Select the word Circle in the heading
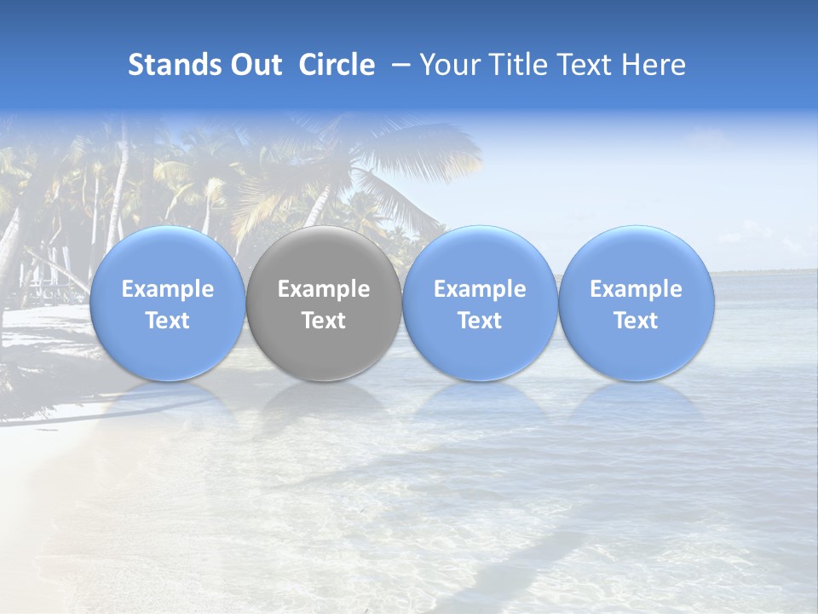pos(337,65)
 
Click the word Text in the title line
pos(588,65)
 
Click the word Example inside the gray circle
pos(324,289)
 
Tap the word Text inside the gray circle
pos(324,321)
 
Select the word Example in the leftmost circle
pos(167,289)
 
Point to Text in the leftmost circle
pos(167,321)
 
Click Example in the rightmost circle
pos(636,289)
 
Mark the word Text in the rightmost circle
pos(636,321)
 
